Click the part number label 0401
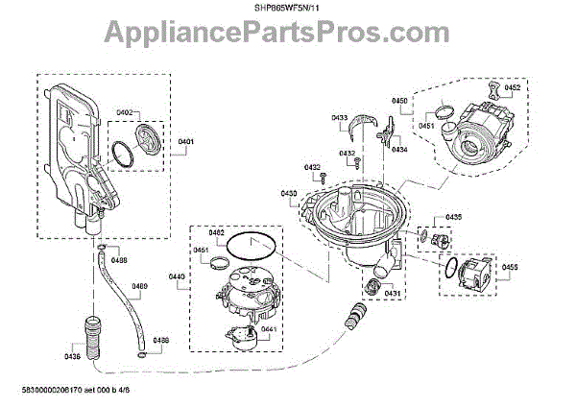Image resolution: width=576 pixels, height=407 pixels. tap(186, 142)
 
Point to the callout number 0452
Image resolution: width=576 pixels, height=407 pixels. tap(512, 87)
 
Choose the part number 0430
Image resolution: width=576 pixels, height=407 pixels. tap(289, 194)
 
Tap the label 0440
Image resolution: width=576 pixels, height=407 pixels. tap(176, 277)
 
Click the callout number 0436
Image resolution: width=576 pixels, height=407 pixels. tap(73, 356)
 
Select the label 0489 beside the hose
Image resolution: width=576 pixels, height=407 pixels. tap(140, 287)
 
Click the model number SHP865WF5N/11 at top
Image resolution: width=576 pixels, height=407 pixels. tap(288, 9)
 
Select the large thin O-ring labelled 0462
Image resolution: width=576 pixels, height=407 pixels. tap(247, 246)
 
